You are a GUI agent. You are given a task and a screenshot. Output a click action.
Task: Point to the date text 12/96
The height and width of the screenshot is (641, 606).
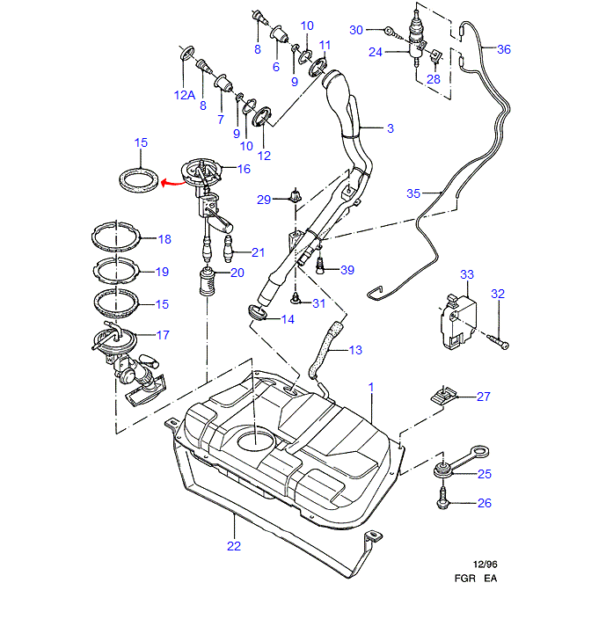(485, 565)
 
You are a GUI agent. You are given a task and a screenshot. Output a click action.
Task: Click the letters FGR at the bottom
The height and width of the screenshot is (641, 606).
(466, 579)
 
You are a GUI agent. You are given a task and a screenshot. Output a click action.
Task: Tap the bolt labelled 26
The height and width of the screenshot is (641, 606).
(442, 501)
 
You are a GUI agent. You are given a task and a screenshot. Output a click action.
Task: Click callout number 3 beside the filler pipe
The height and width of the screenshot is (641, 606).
(390, 128)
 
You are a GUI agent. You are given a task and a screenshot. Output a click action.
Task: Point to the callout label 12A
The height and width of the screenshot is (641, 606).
(184, 95)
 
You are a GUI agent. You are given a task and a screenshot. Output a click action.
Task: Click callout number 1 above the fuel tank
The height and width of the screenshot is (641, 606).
(371, 387)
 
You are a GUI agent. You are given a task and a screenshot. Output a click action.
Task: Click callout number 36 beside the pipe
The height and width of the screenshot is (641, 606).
(503, 49)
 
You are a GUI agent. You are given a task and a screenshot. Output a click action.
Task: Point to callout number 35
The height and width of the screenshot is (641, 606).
(413, 193)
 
